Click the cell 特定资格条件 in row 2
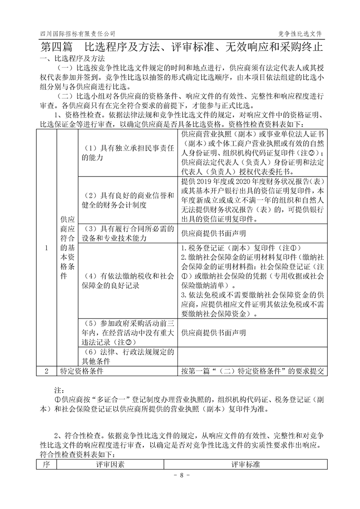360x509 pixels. click(82, 371)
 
